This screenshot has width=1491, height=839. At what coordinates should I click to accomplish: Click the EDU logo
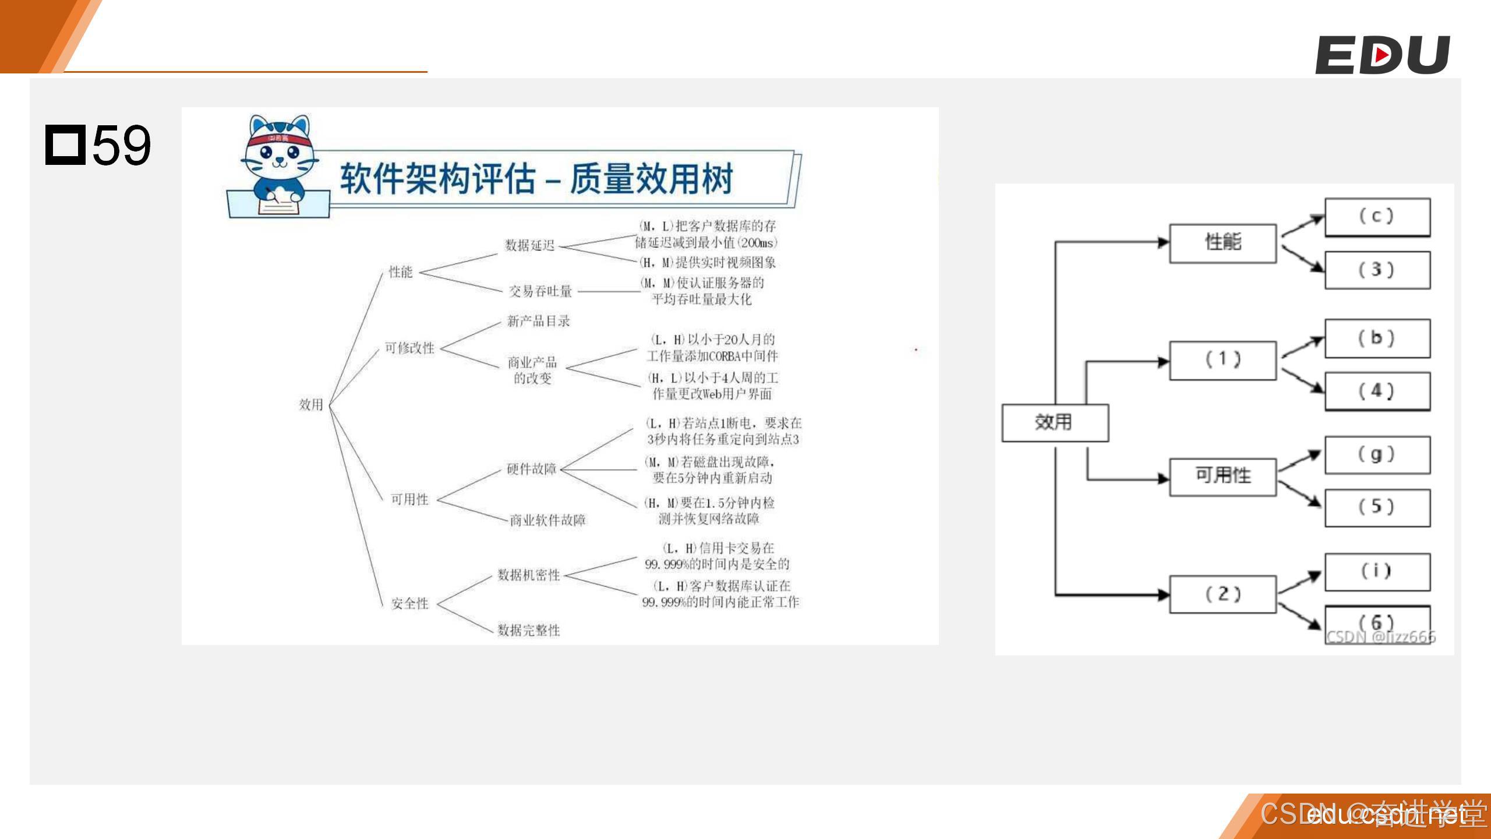(1382, 55)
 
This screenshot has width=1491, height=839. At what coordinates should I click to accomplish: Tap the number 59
(121, 145)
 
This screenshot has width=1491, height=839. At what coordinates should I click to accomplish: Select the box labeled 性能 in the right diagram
(1223, 242)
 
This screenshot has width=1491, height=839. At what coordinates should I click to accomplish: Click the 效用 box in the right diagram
(1054, 422)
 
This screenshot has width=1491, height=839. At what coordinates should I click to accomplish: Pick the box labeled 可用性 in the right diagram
(1223, 476)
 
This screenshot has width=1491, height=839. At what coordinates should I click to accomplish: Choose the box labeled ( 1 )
(1223, 360)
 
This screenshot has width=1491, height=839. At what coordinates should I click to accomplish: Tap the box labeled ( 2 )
(1223, 594)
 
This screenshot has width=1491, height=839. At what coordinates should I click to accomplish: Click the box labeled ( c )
(1377, 217)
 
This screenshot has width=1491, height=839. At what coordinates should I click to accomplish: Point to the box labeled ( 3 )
(1377, 270)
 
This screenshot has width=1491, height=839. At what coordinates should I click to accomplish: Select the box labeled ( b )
(1377, 338)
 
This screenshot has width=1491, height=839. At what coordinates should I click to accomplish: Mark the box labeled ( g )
(1377, 454)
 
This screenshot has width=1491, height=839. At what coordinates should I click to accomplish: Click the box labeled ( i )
(1377, 571)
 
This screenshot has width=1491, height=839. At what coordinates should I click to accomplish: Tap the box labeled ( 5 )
(1377, 507)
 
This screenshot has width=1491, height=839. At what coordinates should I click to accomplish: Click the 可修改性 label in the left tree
(409, 348)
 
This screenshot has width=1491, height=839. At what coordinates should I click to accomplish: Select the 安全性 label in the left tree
(409, 604)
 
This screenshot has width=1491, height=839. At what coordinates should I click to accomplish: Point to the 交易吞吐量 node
(540, 291)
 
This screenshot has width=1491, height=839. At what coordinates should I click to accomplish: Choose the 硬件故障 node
(531, 469)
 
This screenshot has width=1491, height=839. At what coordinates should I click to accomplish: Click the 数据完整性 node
(528, 630)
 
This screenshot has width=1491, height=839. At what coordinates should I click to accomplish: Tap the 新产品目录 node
(538, 321)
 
